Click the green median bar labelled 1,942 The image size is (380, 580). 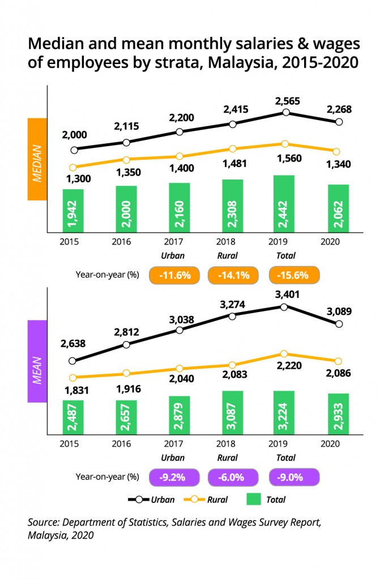(x=73, y=210)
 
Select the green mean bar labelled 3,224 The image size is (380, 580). (x=285, y=412)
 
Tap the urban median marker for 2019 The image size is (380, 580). (x=286, y=112)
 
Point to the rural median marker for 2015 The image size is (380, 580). (x=72, y=167)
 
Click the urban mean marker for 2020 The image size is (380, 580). (x=339, y=324)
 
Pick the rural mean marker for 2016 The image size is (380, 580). (x=126, y=373)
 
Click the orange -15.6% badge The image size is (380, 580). (x=293, y=275)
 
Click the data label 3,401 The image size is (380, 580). (x=288, y=295)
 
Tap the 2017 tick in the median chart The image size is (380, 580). (x=179, y=241)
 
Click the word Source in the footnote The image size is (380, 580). (x=44, y=521)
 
